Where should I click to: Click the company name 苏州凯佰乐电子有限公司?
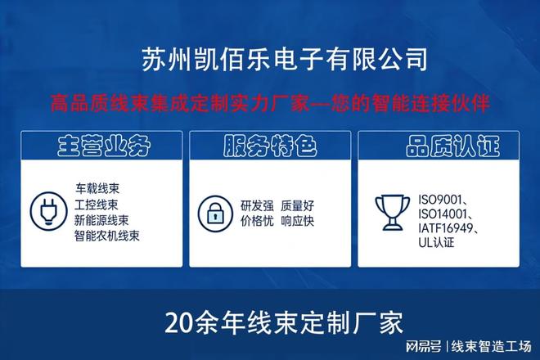click(284, 59)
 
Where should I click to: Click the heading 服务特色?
click(269, 147)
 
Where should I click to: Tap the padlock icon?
click(215, 213)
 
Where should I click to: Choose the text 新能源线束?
click(101, 219)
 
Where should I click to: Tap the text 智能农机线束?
click(107, 236)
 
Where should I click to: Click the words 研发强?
click(256, 205)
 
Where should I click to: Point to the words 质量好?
click(297, 205)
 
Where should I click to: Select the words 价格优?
click(256, 221)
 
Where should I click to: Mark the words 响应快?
click(297, 221)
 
